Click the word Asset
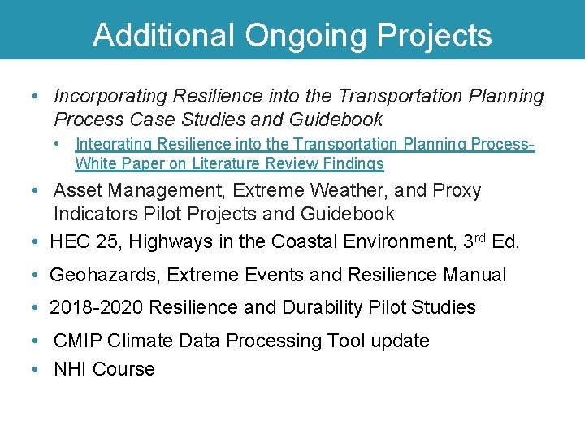pos(77,191)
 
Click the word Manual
pos(474,276)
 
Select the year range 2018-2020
pos(99,308)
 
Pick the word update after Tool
pos(400,341)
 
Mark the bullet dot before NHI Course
pos(35,370)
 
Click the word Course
pos(123,370)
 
